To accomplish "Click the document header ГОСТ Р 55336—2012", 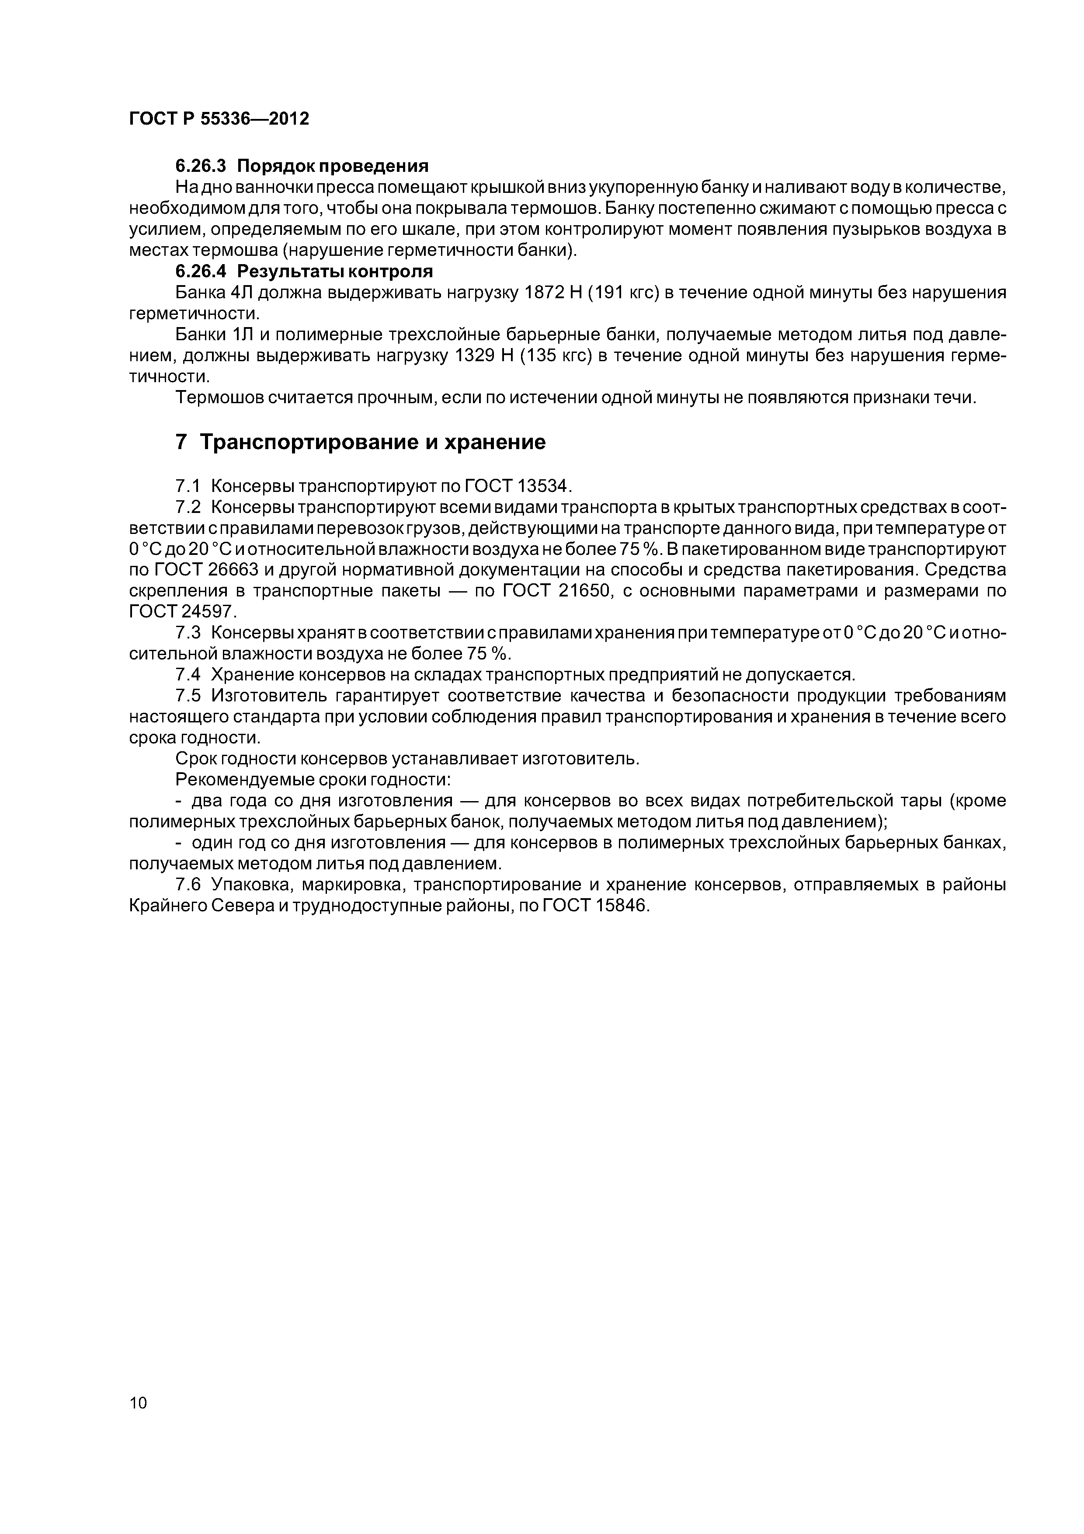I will coord(219,119).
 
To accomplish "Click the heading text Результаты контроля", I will coord(335,271).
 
